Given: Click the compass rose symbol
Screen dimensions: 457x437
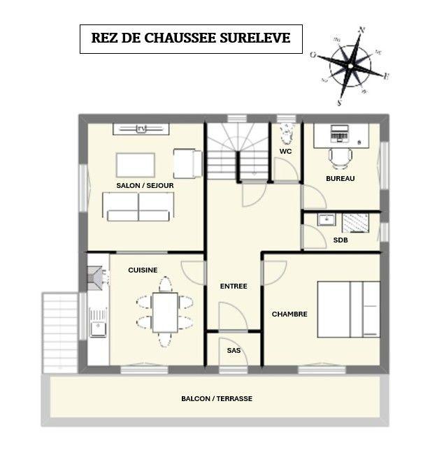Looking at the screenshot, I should pos(350,65).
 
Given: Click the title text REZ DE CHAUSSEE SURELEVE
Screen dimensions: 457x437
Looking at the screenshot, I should pos(190,38).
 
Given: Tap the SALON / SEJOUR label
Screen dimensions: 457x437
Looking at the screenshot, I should pos(145,185).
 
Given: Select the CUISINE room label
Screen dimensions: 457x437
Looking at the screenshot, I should pos(143,270).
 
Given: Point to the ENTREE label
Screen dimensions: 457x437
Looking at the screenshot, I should pos(234,286).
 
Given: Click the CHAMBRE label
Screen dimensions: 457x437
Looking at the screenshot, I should pos(289,314).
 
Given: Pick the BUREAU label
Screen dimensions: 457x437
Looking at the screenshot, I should pos(341,178).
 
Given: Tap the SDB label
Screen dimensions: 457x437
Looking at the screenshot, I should pos(341,240).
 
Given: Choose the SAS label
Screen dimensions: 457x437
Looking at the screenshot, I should pos(234,350).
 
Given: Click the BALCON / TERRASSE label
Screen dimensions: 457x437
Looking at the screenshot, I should pos(217,398).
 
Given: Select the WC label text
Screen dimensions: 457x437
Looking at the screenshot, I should pos(285,151).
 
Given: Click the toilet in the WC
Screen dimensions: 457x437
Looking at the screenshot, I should pos(286,133).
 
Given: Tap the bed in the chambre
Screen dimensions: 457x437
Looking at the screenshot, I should pos(349,309).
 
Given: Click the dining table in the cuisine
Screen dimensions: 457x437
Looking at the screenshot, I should pos(165,312).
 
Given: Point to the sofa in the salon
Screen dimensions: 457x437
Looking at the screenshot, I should pos(138,206).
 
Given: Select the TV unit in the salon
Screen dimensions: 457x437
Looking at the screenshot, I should pos(141,129).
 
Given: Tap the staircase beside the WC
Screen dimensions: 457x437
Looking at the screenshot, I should pos(238,151).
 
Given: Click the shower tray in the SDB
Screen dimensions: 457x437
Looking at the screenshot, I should pos(355,222).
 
